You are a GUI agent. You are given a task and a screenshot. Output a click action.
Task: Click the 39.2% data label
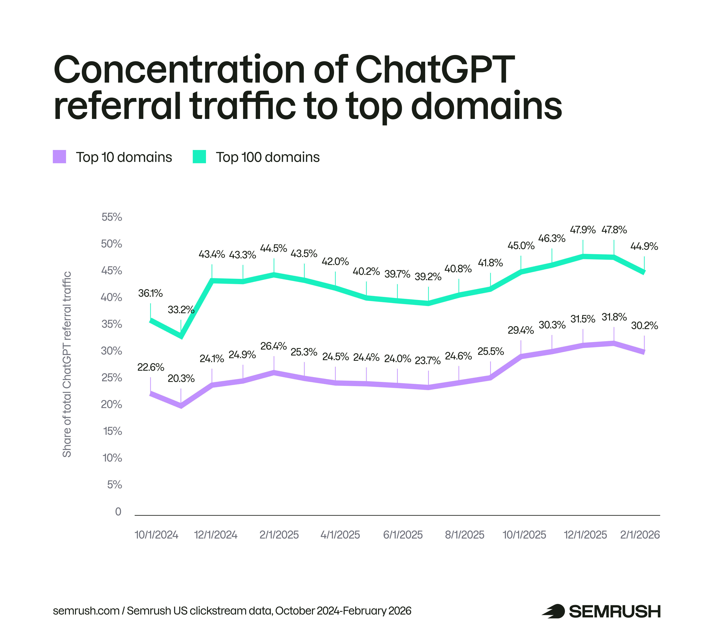click(428, 277)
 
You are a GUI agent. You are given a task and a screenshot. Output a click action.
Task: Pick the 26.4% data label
click(274, 346)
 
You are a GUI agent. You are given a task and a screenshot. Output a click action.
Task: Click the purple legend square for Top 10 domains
click(59, 157)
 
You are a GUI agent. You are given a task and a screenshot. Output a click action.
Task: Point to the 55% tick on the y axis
click(112, 217)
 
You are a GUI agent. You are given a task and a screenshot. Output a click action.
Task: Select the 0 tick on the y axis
click(118, 512)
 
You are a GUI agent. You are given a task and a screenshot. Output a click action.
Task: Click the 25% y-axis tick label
click(112, 378)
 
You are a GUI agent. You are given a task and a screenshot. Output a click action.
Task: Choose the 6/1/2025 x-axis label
click(403, 535)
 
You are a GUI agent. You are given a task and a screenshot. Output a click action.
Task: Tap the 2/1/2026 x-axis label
click(640, 535)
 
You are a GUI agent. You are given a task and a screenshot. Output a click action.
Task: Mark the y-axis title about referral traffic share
click(67, 364)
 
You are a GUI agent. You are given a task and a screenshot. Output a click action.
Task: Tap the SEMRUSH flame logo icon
click(553, 611)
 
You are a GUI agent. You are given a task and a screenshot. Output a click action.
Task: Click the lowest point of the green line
click(181, 336)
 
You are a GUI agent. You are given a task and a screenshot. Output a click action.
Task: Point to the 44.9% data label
click(644, 246)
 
